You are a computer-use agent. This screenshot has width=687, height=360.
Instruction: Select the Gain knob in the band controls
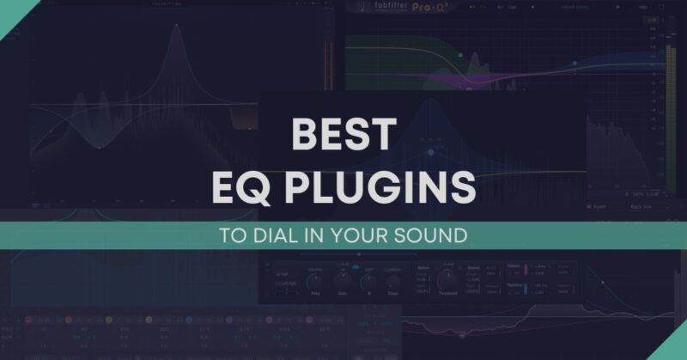344,278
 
